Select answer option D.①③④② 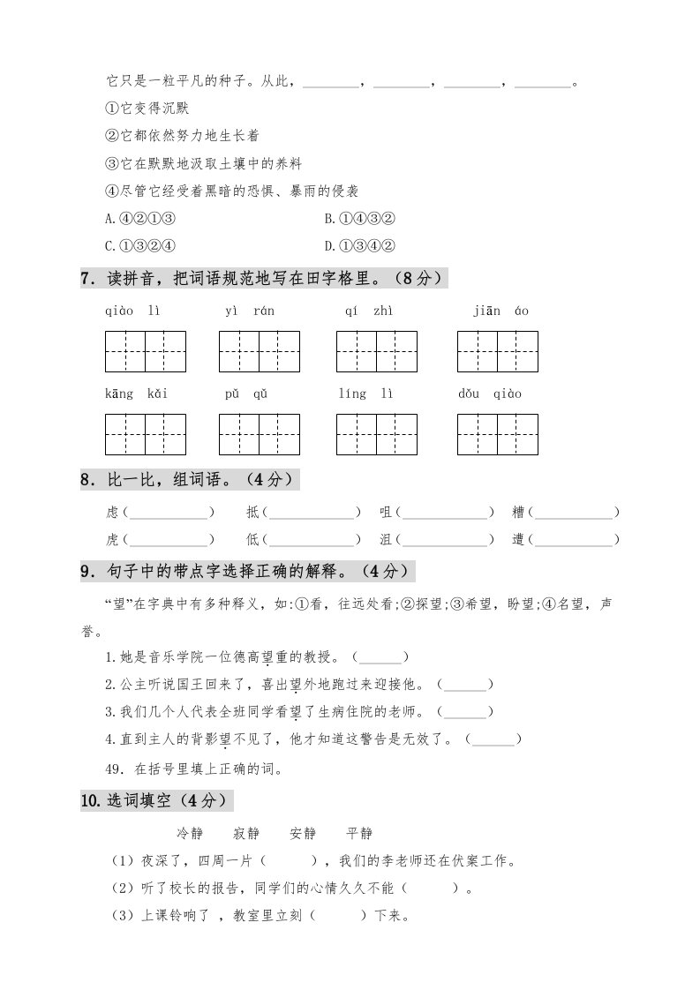[x=359, y=245]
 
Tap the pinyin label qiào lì [x=132, y=311]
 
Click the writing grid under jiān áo [x=498, y=352]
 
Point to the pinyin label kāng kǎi [x=136, y=394]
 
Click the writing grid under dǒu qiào [x=498, y=435]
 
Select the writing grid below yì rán [x=260, y=352]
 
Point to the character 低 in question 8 [x=253, y=539]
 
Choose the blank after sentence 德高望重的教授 [x=380, y=657]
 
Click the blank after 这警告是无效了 [x=493, y=739]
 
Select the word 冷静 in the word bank [x=190, y=833]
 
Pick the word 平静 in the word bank [x=359, y=833]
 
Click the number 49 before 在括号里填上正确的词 [x=112, y=769]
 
